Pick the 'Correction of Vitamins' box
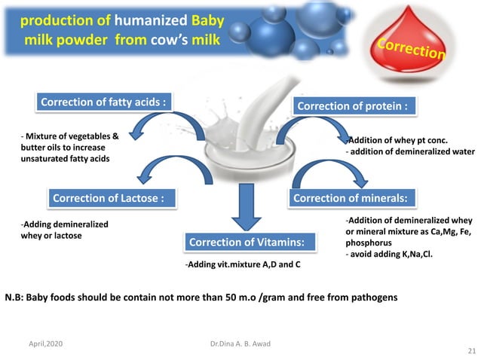[247, 243]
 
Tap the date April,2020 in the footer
[45, 343]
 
